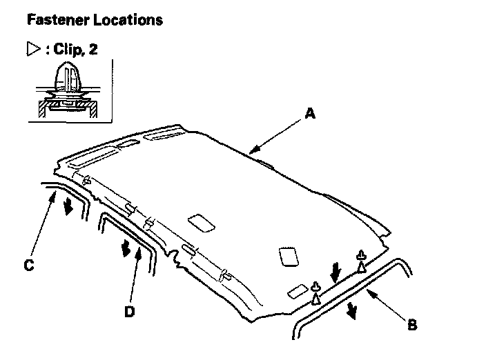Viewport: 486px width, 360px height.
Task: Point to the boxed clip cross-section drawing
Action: [x=70, y=91]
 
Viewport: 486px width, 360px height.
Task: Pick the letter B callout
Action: [x=412, y=325]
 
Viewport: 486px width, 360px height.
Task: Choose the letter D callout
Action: [x=128, y=311]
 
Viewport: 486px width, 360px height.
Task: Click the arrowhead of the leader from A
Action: [x=253, y=150]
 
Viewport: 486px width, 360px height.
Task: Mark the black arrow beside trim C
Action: [x=68, y=206]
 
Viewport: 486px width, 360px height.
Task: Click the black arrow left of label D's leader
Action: [x=126, y=248]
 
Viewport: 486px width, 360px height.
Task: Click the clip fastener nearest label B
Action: [x=361, y=261]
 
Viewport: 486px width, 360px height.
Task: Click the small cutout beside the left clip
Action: [x=298, y=291]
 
